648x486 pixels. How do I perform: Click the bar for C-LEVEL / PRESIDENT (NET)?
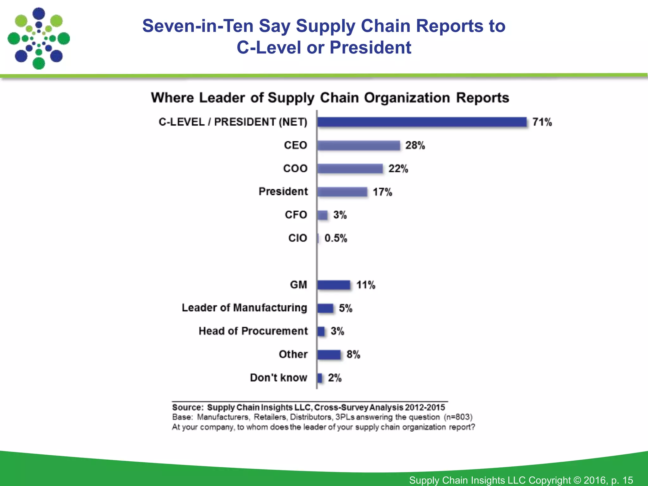click(422, 122)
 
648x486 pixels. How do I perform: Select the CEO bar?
click(359, 146)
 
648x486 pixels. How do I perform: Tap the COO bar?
click(350, 169)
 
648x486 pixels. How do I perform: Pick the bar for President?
click(342, 192)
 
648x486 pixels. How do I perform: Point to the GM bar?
click(334, 285)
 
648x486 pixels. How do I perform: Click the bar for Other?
click(329, 355)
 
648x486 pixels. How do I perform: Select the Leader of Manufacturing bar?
click(325, 308)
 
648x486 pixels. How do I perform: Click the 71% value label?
click(542, 122)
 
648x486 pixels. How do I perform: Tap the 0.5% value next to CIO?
click(336, 238)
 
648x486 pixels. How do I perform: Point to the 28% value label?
click(415, 146)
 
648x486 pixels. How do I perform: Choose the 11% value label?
click(366, 285)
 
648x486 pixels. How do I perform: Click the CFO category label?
click(296, 215)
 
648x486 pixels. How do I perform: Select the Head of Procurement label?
click(253, 331)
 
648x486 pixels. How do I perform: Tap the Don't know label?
click(278, 378)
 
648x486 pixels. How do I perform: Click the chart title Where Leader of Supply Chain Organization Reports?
click(330, 98)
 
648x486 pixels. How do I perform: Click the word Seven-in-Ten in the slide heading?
click(198, 26)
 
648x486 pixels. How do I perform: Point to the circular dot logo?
click(39, 39)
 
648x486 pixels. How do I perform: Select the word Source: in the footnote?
click(188, 408)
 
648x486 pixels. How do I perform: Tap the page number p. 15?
click(622, 480)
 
